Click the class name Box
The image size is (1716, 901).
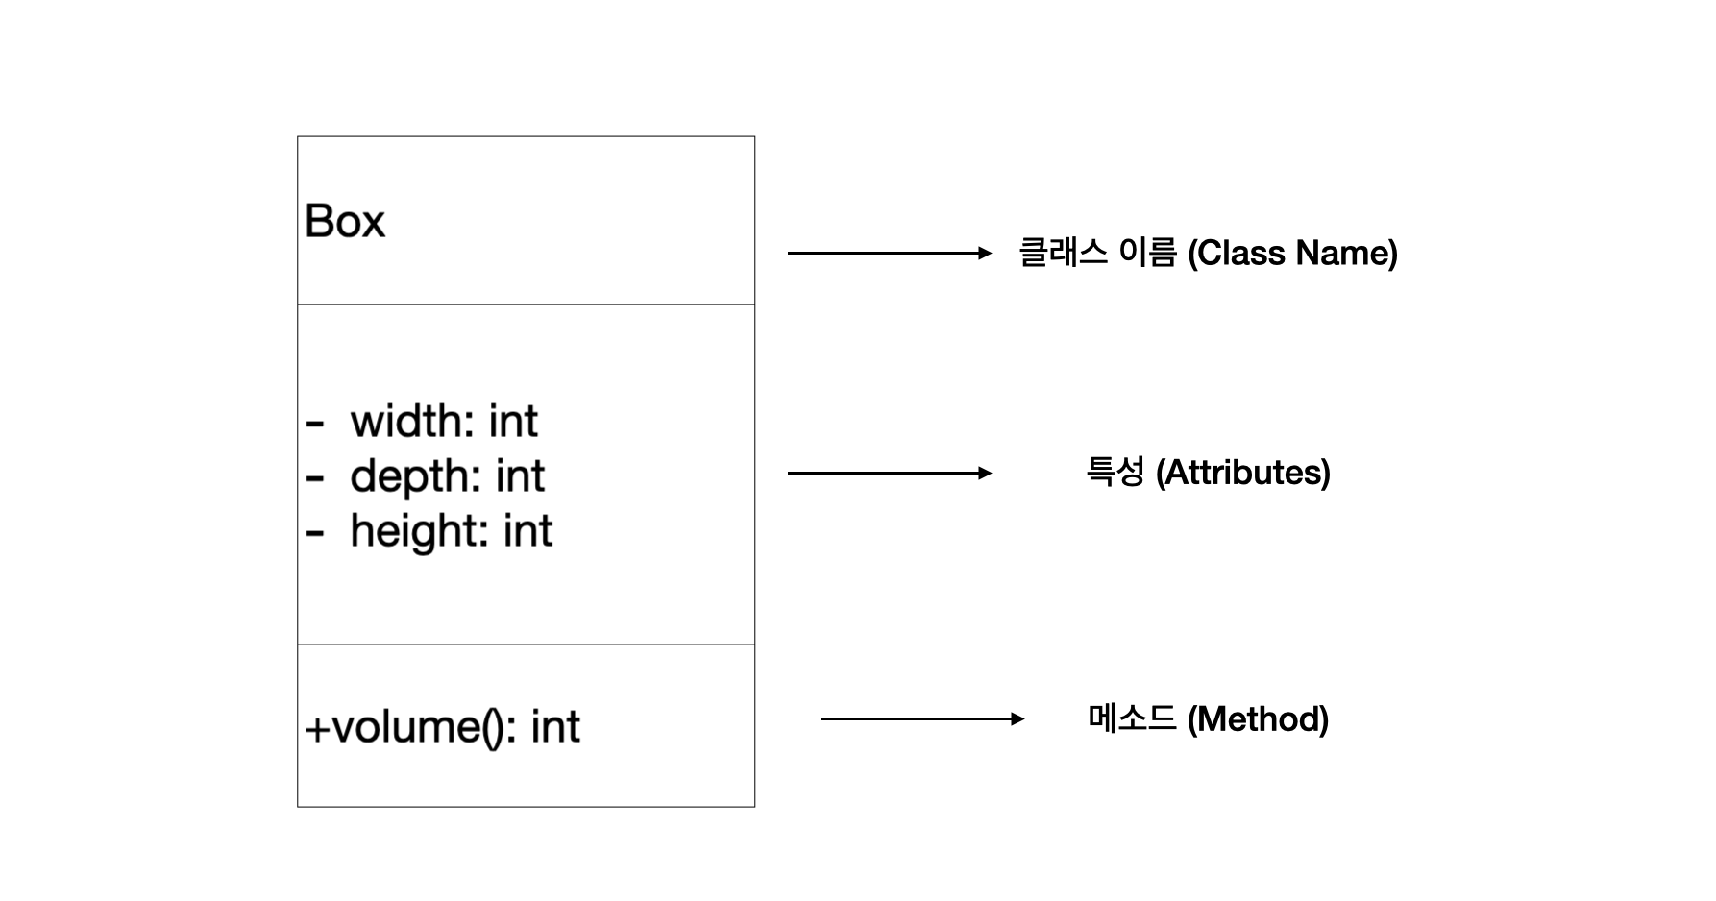345,221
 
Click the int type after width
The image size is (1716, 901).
513,421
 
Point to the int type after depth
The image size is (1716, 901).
521,476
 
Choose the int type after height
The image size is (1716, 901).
527,531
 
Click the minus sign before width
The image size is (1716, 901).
315,423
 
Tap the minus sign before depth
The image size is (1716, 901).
315,477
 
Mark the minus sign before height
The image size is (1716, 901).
315,532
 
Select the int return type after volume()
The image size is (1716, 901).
555,726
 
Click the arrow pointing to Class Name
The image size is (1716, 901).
890,253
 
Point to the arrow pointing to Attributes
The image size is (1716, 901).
890,473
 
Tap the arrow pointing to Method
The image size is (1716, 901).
923,718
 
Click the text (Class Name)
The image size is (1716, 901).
1292,253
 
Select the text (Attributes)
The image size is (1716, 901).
1243,473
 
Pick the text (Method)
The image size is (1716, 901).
1259,718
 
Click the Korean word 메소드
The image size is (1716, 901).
1133,718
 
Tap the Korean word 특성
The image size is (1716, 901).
1115,472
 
